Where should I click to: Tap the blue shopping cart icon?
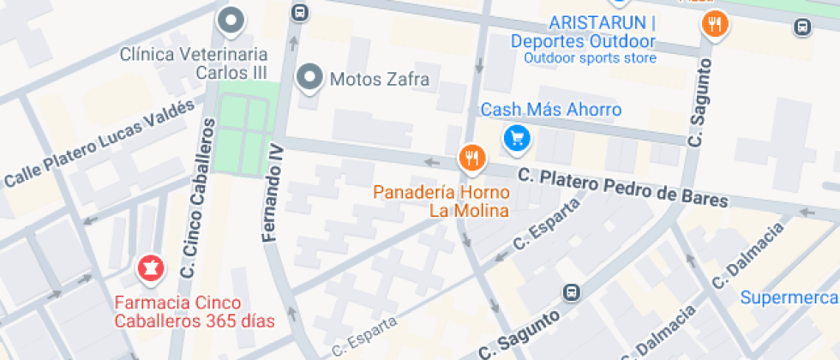516,137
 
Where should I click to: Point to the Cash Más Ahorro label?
550,111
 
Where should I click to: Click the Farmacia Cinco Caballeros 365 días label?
195,313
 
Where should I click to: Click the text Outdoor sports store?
590,58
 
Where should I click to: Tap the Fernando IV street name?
273,193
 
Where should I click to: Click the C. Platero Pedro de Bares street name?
622,188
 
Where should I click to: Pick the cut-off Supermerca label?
789,297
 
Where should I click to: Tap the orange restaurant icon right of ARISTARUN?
715,23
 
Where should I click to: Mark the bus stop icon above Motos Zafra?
300,12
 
